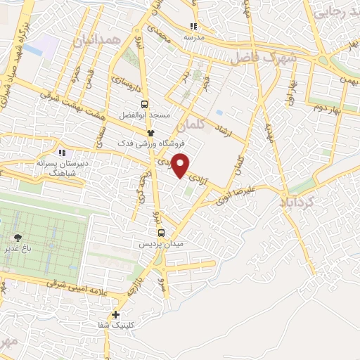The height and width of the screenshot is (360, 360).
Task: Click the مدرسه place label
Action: (193, 36)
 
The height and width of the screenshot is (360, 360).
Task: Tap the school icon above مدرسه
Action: (193, 26)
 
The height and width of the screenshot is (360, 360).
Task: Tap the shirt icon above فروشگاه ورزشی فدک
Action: (150, 132)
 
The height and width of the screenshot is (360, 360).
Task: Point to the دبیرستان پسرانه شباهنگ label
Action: (63, 162)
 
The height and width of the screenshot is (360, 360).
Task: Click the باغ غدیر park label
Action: (18, 247)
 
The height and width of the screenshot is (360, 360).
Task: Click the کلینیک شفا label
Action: (117, 326)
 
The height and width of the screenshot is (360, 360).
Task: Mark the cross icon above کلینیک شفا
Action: (116, 315)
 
